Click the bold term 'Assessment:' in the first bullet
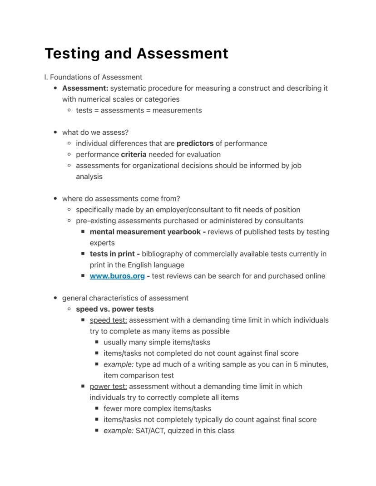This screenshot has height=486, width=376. click(85, 88)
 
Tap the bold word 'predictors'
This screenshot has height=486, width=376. click(195, 143)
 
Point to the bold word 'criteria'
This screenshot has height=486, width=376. click(134, 154)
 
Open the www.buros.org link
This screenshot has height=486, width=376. click(117, 276)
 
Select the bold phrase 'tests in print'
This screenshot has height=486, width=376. click(112, 254)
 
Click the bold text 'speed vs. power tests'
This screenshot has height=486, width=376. click(115, 309)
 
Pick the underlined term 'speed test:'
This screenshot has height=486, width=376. click(108, 320)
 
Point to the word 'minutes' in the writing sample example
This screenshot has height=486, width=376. click(312, 364)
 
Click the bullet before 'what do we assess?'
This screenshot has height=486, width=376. click(55, 133)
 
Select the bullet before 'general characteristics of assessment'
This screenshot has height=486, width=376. click(55, 298)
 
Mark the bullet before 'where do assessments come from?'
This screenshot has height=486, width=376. click(55, 199)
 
